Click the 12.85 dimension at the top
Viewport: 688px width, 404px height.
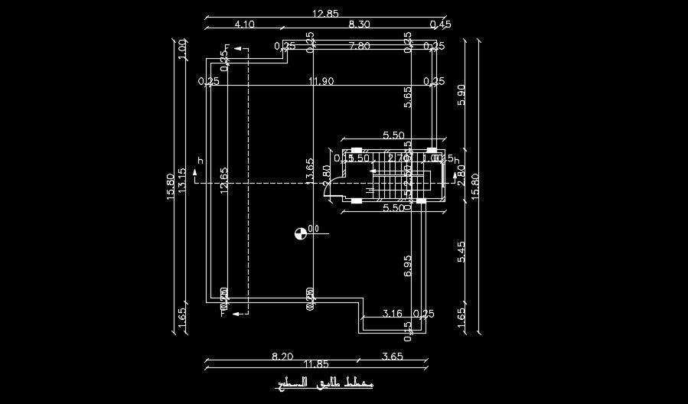(x=325, y=14)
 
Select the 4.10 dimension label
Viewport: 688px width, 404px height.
(x=244, y=24)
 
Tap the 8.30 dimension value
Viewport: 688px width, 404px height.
(x=359, y=24)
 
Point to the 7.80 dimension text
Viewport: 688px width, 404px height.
(x=359, y=46)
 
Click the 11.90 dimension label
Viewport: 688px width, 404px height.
(x=321, y=81)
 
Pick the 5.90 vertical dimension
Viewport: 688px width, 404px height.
(x=461, y=94)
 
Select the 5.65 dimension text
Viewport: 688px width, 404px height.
(x=408, y=96)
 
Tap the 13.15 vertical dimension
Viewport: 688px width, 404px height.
(x=182, y=181)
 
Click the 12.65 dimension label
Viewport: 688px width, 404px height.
(x=224, y=181)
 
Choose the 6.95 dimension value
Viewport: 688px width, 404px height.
(x=408, y=266)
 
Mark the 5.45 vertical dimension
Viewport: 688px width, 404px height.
(x=461, y=252)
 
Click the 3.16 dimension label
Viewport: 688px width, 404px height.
(x=392, y=314)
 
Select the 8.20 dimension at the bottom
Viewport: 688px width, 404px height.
(x=282, y=356)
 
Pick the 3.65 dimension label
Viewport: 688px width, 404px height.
(x=392, y=356)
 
